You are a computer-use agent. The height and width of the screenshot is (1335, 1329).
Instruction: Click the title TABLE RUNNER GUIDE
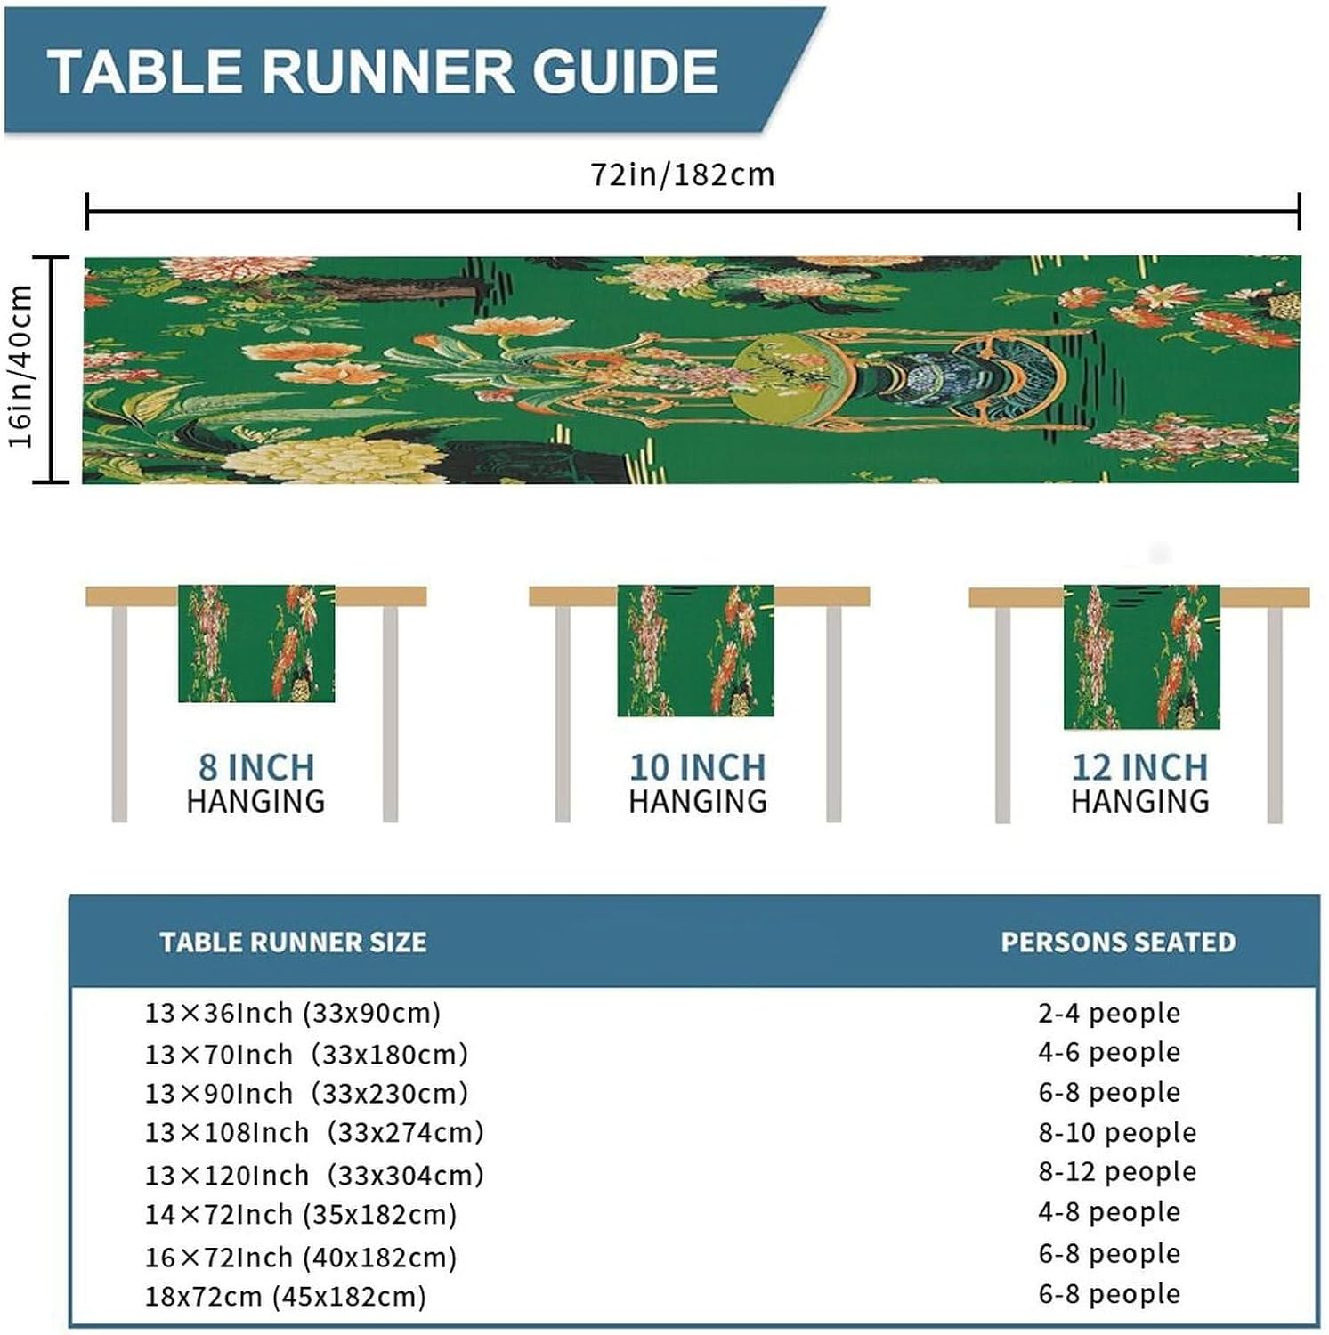point(383,71)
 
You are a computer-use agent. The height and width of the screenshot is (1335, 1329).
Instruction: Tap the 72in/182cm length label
point(683,174)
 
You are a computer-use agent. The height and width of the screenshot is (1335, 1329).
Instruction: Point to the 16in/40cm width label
point(20,367)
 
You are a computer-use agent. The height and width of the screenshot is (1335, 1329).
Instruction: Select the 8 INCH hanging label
point(255,783)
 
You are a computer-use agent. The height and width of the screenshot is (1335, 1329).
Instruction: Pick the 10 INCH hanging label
point(697,783)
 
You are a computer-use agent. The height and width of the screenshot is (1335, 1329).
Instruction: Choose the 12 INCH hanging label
point(1139,783)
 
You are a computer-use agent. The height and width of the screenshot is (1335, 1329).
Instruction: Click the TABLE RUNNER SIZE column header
point(293,943)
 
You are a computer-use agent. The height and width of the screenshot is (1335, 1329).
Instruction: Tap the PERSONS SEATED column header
point(1118,943)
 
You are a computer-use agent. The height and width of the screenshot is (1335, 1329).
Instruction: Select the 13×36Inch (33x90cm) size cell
point(293,1013)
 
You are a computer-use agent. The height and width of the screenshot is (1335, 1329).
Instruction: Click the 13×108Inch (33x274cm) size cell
point(314,1132)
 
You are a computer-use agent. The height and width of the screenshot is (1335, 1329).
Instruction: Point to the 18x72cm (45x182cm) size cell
point(286,1296)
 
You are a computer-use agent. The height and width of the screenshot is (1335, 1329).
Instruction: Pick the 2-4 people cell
point(1109,1013)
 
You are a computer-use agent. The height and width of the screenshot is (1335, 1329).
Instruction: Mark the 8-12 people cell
point(1117,1171)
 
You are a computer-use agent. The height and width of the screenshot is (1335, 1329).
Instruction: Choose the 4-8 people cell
point(1109,1211)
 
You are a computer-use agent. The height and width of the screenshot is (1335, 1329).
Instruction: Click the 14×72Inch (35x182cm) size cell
point(301,1215)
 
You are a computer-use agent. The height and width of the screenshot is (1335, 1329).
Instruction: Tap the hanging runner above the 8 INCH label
point(256,643)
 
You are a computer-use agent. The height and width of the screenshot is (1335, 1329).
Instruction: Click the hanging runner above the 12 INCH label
point(1141,656)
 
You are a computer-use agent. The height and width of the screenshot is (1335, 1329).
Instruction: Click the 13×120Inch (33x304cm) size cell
point(314,1175)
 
